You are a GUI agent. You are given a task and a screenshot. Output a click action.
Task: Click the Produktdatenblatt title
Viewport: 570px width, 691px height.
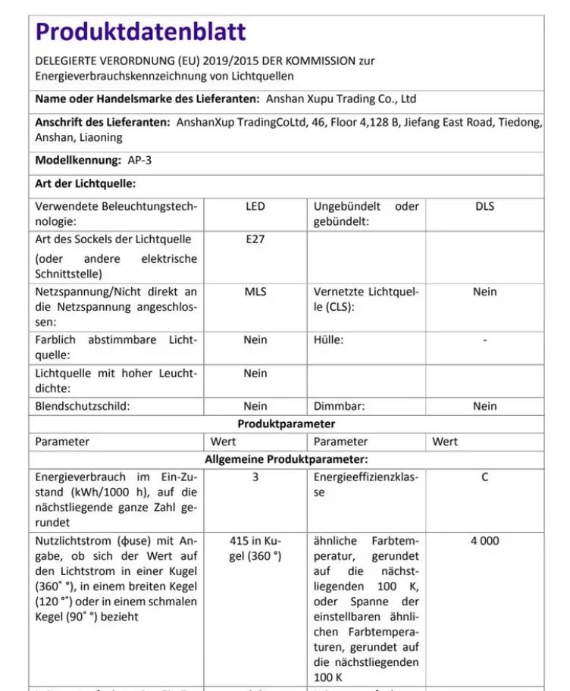(x=141, y=32)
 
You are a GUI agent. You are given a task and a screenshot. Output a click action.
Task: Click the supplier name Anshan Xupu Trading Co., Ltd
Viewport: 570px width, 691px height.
(x=340, y=98)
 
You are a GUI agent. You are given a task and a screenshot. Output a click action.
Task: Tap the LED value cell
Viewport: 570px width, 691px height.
(x=255, y=206)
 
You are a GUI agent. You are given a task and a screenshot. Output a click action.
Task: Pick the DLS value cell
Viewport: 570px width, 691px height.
(x=484, y=206)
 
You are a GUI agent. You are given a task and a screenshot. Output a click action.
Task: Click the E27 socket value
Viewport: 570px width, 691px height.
(x=255, y=239)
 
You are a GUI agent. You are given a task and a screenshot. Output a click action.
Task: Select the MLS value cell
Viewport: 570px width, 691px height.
(x=255, y=292)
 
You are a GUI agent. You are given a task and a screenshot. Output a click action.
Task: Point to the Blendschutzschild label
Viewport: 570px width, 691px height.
(x=83, y=406)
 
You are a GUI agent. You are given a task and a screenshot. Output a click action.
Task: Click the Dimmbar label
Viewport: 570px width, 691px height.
(x=339, y=406)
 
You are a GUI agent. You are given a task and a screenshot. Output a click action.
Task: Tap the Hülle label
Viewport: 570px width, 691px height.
(x=328, y=340)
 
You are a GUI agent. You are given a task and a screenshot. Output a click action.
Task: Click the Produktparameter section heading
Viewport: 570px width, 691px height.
(x=286, y=424)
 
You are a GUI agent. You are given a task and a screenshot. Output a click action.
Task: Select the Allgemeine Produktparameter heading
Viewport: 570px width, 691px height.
(x=286, y=459)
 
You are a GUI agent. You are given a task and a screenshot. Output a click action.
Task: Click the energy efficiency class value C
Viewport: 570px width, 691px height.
(x=484, y=477)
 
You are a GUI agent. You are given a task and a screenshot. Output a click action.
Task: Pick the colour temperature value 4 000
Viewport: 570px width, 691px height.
(x=484, y=541)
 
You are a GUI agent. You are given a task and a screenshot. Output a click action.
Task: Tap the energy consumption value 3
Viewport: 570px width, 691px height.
(x=255, y=477)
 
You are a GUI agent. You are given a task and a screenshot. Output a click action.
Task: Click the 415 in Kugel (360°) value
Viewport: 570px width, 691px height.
(x=255, y=549)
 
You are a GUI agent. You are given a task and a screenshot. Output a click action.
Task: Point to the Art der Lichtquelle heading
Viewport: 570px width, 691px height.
(x=86, y=183)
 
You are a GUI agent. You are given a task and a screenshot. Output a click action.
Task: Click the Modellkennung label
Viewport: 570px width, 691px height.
(x=78, y=160)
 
